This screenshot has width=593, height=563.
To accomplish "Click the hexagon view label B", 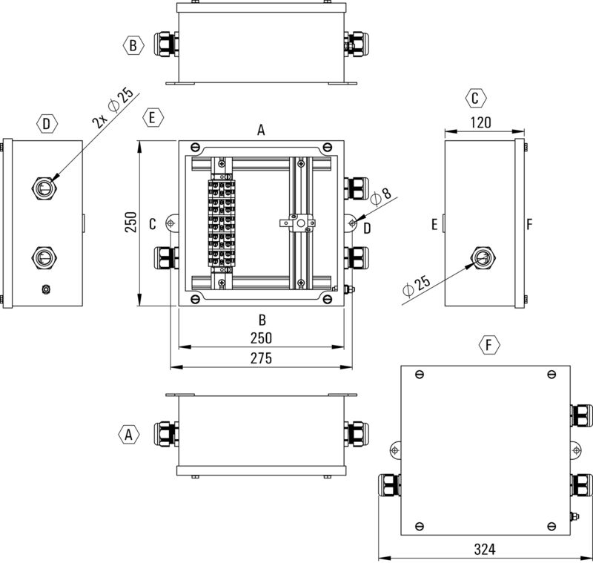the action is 132,46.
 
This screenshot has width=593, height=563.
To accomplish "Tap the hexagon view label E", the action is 153,118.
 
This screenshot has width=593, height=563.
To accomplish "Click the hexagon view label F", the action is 488,345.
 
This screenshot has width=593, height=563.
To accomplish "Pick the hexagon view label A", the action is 129,435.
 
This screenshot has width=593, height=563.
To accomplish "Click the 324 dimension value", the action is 484,550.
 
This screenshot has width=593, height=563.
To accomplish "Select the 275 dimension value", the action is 261,358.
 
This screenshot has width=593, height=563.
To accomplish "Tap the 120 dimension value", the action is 480,124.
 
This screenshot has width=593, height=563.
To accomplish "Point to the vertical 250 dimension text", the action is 130,223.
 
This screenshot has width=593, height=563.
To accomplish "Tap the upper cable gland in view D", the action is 42,187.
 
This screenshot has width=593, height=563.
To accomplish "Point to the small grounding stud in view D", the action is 46,289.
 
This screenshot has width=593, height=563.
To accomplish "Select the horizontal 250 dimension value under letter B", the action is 261,338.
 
